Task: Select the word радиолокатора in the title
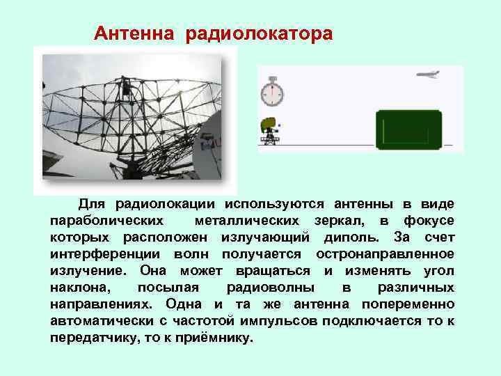point(259,33)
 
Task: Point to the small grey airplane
point(427,75)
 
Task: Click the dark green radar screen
point(408,130)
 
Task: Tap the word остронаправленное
point(385,254)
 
